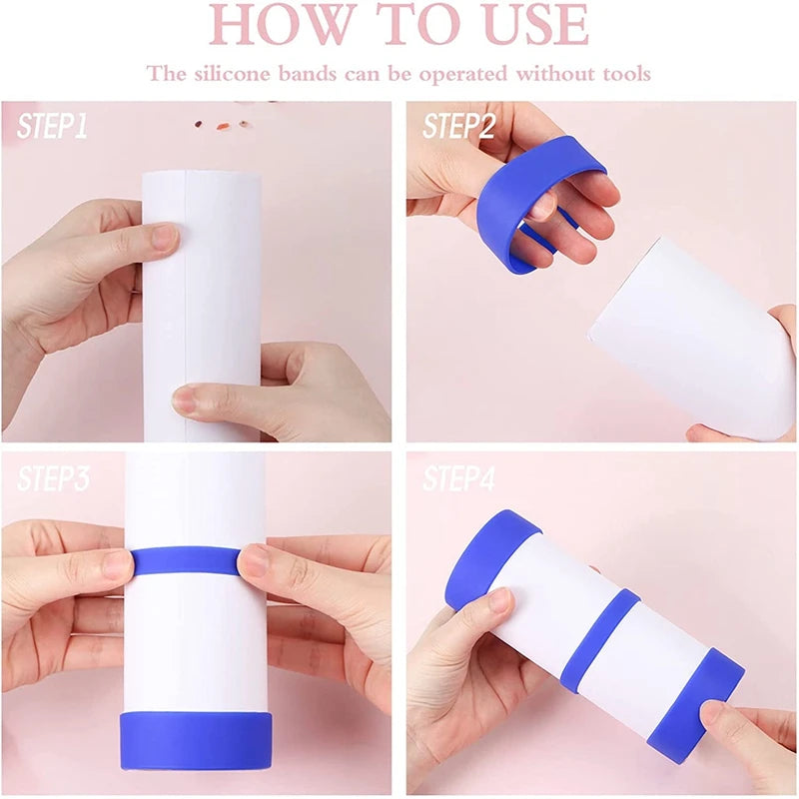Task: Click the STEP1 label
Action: (x=52, y=126)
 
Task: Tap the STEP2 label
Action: (x=458, y=126)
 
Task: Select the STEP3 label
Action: (x=53, y=478)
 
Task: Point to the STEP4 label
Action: (x=458, y=478)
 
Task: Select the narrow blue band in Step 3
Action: (x=186, y=560)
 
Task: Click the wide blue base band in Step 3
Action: (x=196, y=740)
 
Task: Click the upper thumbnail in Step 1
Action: (x=164, y=238)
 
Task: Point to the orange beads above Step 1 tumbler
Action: (x=222, y=126)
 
